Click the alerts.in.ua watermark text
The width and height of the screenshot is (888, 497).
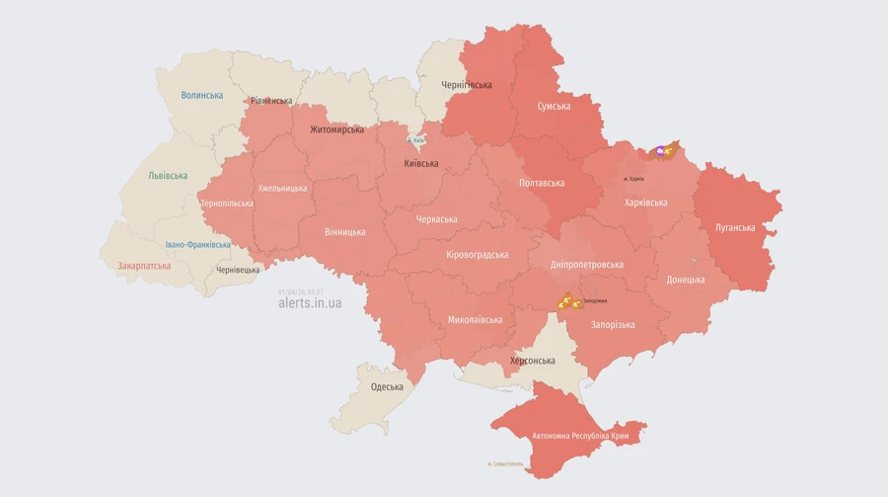pos(310,303)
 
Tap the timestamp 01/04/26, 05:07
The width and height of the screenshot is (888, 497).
pos(301,291)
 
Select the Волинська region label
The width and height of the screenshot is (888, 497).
pos(201,95)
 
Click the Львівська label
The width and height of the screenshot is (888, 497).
pos(168,176)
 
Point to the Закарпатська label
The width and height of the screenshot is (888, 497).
pos(144,266)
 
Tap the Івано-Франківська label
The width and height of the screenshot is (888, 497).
pos(198,244)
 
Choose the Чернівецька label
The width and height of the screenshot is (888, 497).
pos(238,270)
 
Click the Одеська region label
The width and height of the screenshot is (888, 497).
pos(387,386)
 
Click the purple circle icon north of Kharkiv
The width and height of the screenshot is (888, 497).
pos(660,151)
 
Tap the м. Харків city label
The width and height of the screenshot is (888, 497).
pos(632,179)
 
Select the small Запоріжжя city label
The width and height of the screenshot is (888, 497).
pos(595,300)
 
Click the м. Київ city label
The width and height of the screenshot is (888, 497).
pos(419,140)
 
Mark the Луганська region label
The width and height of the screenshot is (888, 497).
pos(735,227)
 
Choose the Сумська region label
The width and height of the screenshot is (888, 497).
pos(554,106)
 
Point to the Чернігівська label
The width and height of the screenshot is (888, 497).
pos(467,85)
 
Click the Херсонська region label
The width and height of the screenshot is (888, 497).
pos(532,361)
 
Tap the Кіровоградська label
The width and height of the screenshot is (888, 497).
pos(478,254)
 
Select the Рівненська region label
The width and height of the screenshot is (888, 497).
pos(271,101)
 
